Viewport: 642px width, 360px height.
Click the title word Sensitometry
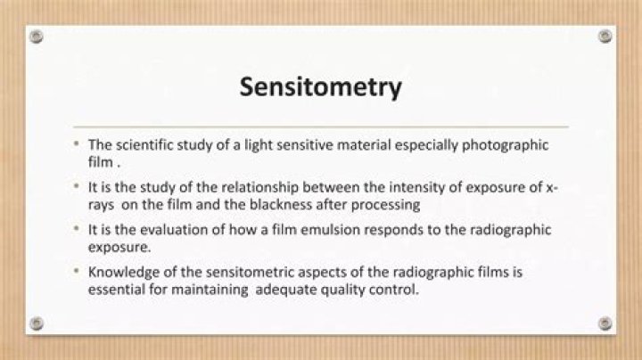[x=320, y=88]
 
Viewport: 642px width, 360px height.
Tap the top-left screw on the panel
[x=36, y=37]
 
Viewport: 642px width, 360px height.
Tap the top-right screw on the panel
[x=605, y=37]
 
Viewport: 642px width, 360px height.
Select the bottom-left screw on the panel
[x=36, y=323]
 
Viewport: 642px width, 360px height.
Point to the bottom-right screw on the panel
[x=605, y=323]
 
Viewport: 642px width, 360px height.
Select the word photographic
[x=509, y=145]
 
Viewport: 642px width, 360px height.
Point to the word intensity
[x=385, y=188]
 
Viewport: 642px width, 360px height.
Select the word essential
[x=116, y=289]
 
